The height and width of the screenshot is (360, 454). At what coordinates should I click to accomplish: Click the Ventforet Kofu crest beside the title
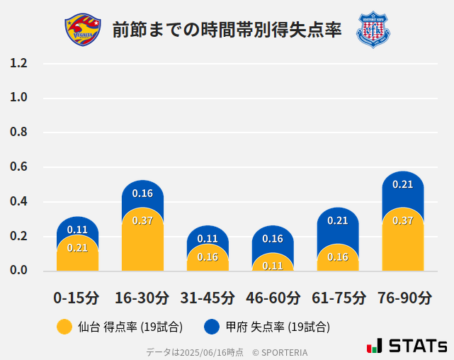tap(373, 29)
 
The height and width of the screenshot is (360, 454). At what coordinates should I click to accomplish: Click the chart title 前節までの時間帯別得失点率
tap(227, 30)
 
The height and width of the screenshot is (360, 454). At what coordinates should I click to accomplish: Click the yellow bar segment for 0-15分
tap(77, 255)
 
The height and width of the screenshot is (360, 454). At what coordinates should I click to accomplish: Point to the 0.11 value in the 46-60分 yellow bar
tap(273, 266)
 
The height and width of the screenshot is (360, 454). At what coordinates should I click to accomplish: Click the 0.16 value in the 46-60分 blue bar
tap(273, 239)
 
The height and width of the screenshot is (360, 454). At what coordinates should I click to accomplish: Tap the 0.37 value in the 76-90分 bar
tap(402, 220)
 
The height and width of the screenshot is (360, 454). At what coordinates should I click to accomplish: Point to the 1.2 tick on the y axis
tap(19, 63)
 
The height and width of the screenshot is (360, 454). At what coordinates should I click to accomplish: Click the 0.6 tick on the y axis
tap(19, 167)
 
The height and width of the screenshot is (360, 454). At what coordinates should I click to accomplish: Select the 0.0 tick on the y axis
tap(19, 271)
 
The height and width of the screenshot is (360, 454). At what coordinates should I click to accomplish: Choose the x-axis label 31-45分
tap(208, 297)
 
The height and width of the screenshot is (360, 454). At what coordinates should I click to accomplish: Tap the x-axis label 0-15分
tap(76, 297)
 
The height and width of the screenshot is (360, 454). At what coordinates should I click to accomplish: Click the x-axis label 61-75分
tap(339, 297)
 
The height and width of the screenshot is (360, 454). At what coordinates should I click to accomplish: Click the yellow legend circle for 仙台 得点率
tap(64, 327)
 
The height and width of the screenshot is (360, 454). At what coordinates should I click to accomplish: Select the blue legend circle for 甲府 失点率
tap(212, 327)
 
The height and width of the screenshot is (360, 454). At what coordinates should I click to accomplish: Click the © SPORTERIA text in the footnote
tap(280, 351)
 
